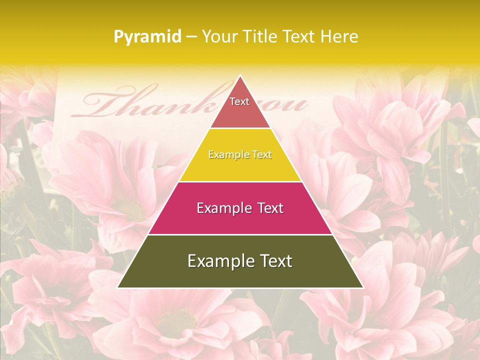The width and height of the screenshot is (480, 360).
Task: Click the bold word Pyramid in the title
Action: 147,37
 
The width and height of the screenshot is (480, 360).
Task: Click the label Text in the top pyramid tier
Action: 239,101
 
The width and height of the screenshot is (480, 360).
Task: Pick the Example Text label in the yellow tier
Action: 240,154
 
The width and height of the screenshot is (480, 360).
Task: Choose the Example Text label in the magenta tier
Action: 240,208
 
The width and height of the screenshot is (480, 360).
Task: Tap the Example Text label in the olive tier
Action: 240,261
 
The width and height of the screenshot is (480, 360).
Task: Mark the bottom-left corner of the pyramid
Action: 118,287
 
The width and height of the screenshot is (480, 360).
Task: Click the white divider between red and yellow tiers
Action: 240,128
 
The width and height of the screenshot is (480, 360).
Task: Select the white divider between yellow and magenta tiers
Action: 240,181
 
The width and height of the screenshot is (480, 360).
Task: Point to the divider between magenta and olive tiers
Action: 240,234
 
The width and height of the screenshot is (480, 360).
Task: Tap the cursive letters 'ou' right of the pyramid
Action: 290,105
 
